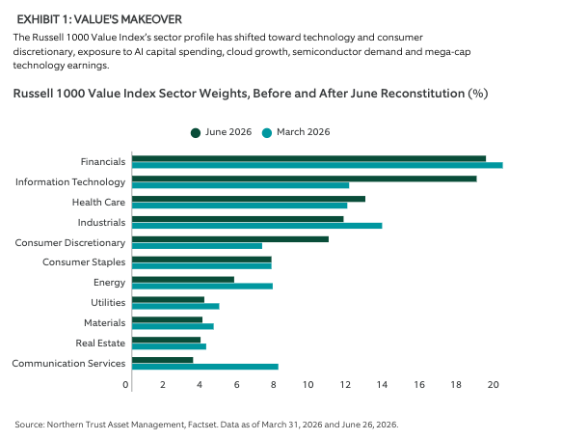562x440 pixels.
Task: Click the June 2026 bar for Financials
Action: [309, 158]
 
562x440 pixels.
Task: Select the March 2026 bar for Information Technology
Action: [240, 185]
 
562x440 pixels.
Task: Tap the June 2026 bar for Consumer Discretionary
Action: [230, 239]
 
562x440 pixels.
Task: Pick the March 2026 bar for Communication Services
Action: [205, 367]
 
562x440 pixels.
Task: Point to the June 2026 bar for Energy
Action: [183, 280]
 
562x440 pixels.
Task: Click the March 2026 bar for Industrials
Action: [257, 226]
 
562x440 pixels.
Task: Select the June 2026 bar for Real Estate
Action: [167, 340]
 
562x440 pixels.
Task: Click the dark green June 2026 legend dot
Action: [196, 133]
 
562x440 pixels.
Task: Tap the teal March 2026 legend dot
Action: [267, 133]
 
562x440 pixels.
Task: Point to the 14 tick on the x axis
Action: [382, 385]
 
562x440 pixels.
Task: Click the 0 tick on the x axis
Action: [125, 385]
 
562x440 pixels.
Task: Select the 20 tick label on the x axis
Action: [494, 385]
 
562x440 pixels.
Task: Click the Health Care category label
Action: [98, 202]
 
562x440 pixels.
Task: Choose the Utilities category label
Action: [108, 303]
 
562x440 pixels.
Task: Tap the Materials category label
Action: [105, 322]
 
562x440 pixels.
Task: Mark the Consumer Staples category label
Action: [84, 262]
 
